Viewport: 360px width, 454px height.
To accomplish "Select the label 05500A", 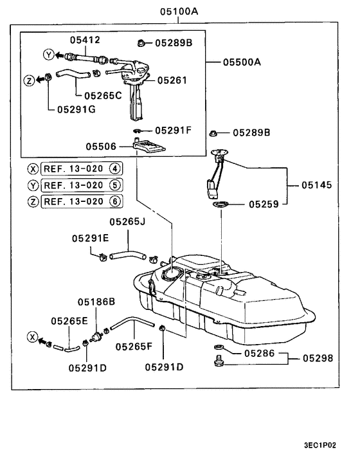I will tap(242, 62).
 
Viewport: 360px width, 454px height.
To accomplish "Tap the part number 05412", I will tap(85, 40).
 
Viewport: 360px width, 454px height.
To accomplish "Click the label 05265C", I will tap(102, 95).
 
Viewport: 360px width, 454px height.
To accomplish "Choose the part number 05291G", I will tap(76, 109).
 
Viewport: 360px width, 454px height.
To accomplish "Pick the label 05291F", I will tap(174, 131).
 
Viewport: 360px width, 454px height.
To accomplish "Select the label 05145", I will tap(317, 185).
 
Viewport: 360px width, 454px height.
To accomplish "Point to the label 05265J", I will tap(127, 222).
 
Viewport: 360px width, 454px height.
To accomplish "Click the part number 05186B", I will tap(96, 301).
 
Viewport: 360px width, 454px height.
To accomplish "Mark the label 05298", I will tap(318, 358).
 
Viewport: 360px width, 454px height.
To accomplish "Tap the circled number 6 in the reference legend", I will tap(116, 201).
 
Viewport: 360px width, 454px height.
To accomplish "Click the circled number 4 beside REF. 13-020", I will tap(116, 169).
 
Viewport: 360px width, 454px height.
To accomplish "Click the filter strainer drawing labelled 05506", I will tap(149, 147).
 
